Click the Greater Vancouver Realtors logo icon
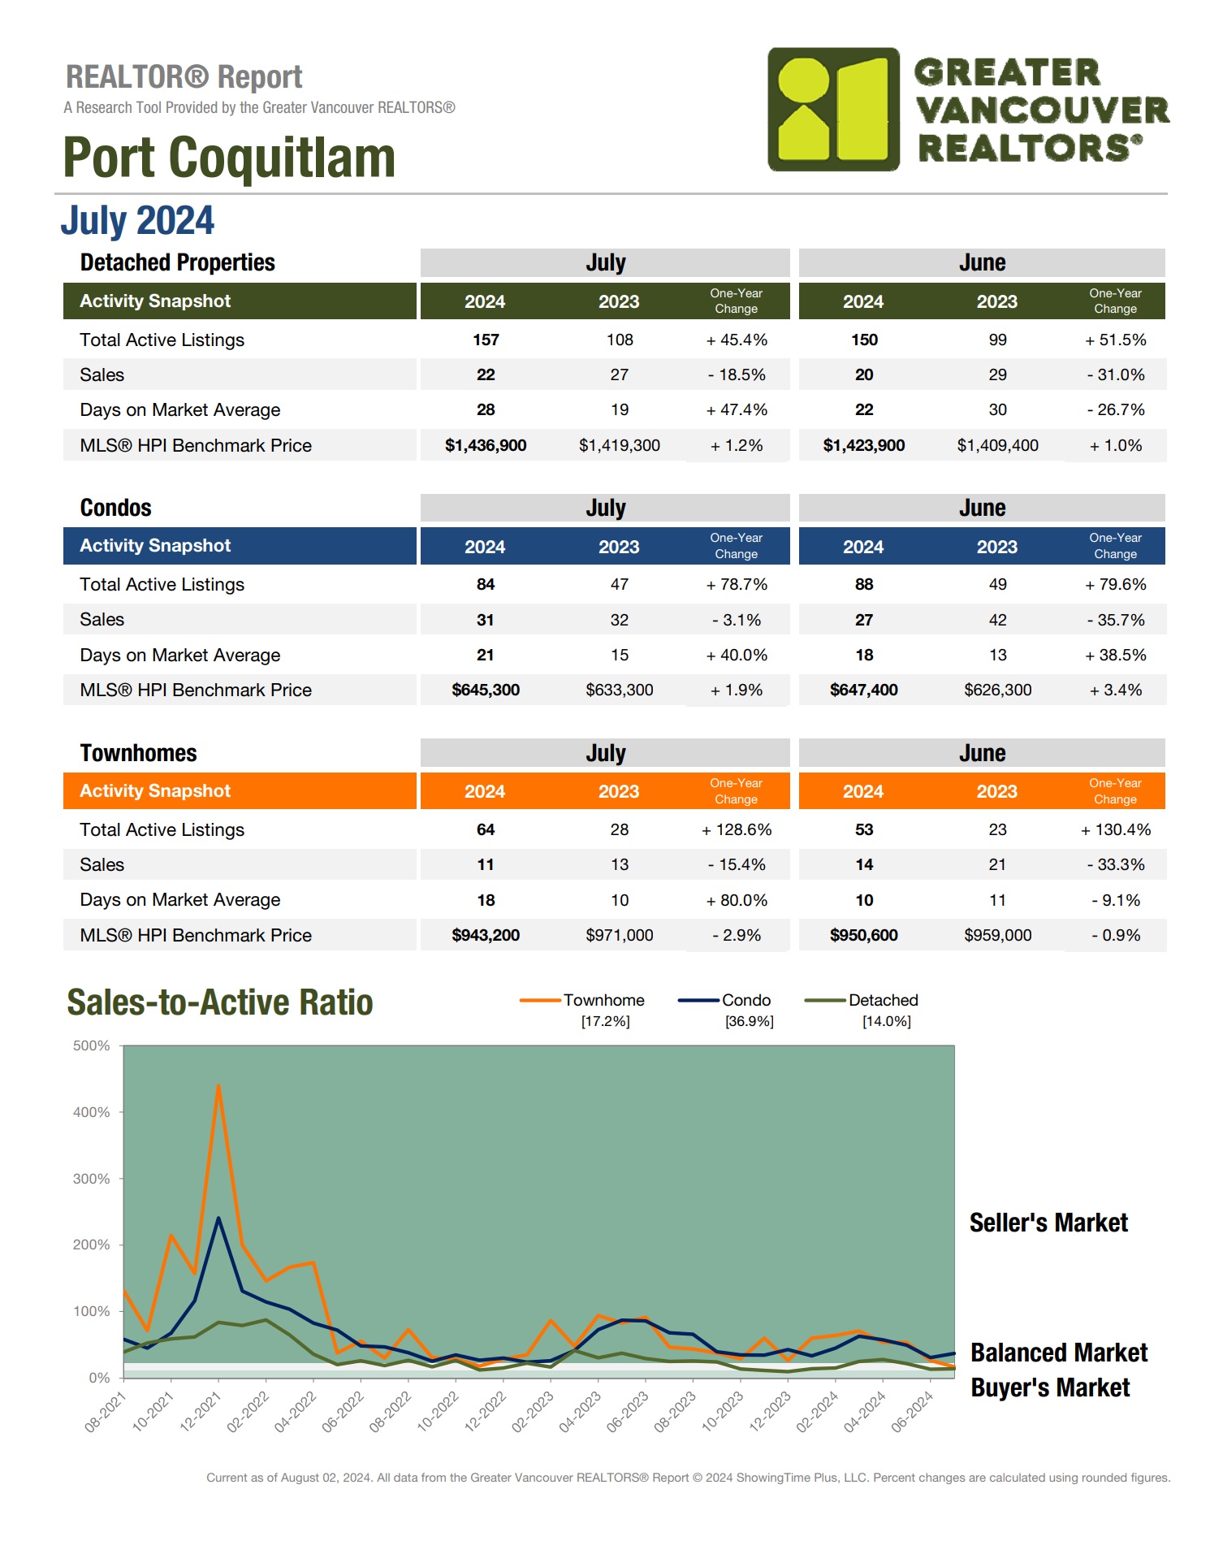(833, 109)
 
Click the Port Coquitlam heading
(229, 158)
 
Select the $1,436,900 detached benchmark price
(486, 445)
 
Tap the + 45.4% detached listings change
(737, 340)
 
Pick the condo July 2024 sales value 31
(486, 620)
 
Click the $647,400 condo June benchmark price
(863, 690)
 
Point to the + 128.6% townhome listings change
(737, 829)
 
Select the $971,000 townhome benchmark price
(619, 935)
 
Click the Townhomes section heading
(138, 753)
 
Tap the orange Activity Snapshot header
(155, 791)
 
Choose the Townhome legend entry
(603, 1000)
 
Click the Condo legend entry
(745, 1000)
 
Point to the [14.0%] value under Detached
(886, 1021)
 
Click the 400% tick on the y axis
(92, 1112)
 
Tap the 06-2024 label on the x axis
(913, 1412)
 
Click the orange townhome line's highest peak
(218, 1085)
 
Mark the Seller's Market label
(1048, 1223)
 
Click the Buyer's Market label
(1050, 1387)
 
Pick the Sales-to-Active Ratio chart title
(220, 1002)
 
